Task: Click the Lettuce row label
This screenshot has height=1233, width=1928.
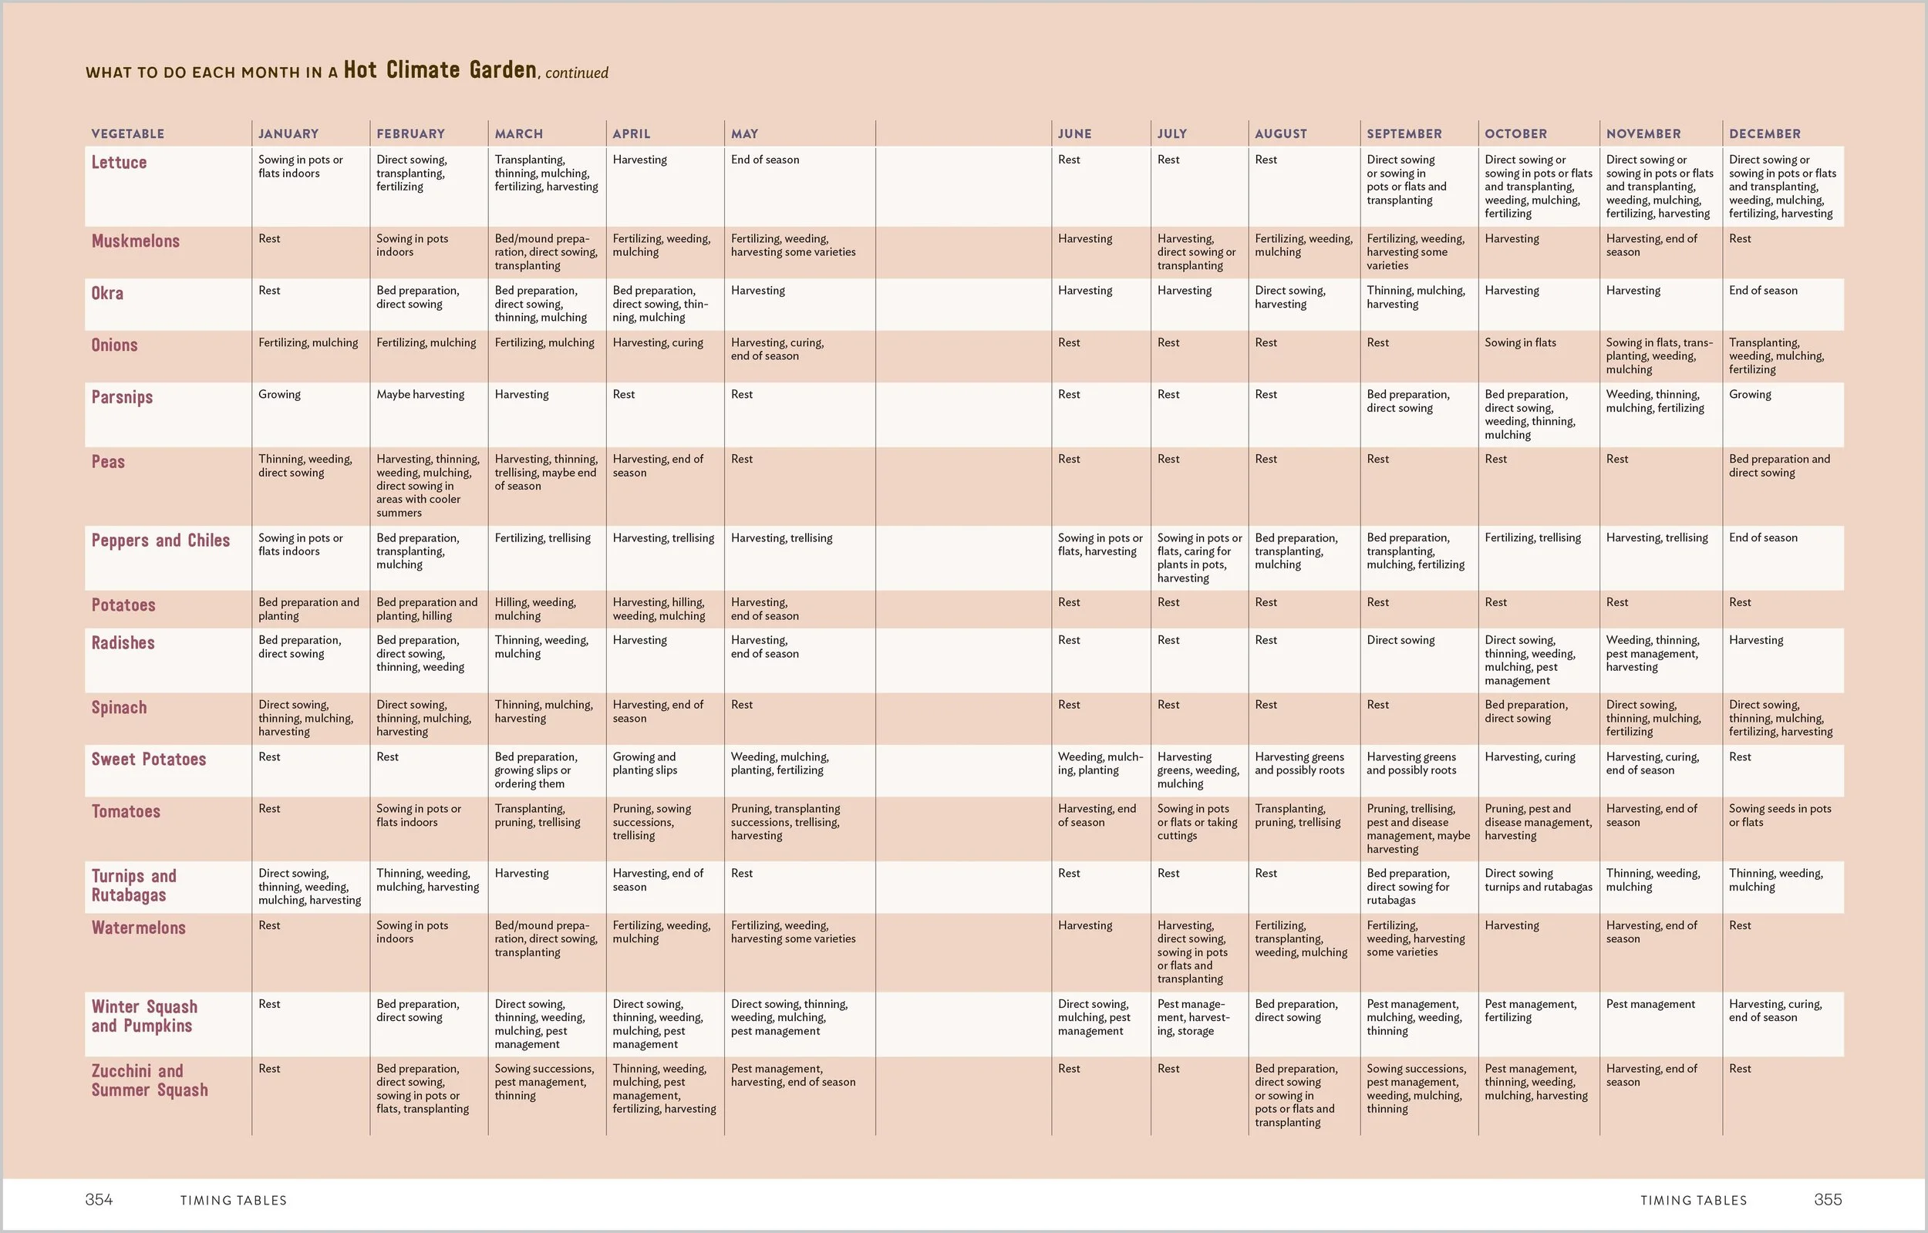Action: tap(119, 163)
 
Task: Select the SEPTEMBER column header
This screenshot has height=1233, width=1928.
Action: tap(1404, 133)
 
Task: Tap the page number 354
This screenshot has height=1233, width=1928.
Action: tap(99, 1199)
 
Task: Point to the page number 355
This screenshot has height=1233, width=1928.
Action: tap(1827, 1199)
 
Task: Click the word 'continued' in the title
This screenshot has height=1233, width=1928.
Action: tap(577, 72)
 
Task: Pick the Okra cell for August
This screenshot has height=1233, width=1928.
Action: tap(1290, 297)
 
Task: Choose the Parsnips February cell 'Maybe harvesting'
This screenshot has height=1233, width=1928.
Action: tap(420, 395)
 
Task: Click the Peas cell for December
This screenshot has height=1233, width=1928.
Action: tap(1779, 466)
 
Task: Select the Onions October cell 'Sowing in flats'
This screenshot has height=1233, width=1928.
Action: tap(1520, 342)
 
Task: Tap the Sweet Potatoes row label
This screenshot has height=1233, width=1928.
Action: tap(148, 759)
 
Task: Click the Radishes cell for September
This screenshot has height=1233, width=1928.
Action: tap(1400, 641)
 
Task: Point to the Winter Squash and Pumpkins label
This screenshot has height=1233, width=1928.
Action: tap(144, 1016)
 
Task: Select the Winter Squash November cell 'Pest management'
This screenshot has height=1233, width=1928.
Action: tap(1650, 1004)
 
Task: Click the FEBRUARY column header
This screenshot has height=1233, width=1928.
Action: tap(410, 133)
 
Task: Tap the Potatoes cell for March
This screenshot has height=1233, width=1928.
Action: tap(535, 609)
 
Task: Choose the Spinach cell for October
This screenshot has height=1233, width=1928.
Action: tap(1525, 711)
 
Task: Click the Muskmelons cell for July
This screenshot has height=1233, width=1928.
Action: tap(1196, 252)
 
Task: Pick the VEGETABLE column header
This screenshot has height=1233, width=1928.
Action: tap(127, 133)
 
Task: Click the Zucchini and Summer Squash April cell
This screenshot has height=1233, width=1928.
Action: tap(664, 1088)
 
